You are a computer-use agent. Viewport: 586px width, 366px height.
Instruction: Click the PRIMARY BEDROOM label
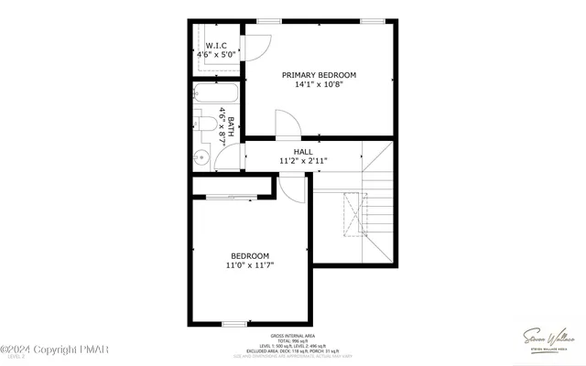coord(319,75)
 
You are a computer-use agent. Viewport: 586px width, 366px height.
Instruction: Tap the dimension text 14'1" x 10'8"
coord(319,85)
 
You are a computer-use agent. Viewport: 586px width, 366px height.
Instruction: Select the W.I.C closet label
coord(216,46)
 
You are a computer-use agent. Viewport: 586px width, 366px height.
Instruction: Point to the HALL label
coord(303,152)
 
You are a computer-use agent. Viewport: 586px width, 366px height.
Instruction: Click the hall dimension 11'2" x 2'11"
coord(303,161)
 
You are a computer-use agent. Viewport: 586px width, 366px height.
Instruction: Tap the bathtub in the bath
coord(216,95)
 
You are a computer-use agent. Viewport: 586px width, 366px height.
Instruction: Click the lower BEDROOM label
coord(250,255)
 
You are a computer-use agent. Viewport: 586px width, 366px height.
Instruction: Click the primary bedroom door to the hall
coord(287,125)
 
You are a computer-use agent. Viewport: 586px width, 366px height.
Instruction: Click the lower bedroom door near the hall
coord(293,187)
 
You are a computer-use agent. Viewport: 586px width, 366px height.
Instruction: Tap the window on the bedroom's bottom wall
coord(234,323)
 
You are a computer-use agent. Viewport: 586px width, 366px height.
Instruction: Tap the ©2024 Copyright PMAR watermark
coord(46,350)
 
